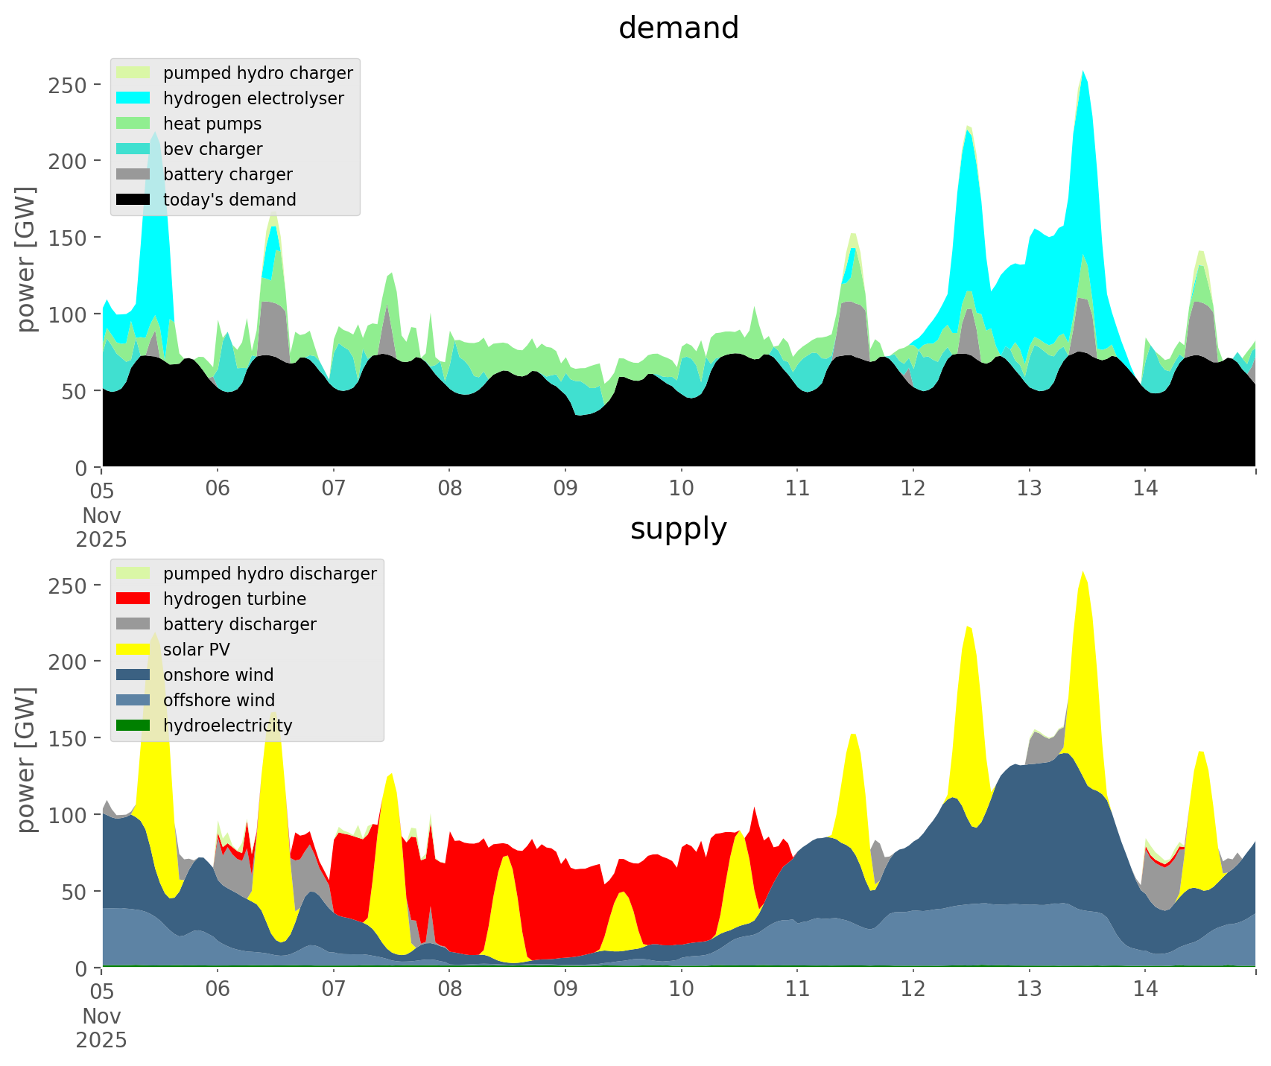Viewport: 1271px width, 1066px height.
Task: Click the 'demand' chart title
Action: pos(678,28)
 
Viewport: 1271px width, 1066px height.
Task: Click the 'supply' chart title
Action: pos(678,529)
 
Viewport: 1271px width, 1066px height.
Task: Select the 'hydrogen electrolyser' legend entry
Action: pos(253,98)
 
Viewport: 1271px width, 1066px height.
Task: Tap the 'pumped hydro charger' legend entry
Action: pos(258,73)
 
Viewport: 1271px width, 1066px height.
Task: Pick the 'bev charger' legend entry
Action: pos(212,149)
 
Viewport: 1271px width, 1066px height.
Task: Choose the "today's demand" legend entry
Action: pos(229,200)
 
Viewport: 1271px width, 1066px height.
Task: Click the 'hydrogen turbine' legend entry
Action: pos(234,599)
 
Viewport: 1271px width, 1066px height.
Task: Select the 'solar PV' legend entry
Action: pos(196,650)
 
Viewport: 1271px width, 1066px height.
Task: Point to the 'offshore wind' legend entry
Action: pos(218,700)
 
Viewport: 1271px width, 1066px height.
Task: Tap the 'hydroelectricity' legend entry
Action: pos(227,726)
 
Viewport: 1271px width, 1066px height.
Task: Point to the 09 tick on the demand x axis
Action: pos(565,489)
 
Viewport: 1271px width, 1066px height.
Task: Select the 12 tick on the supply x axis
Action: pos(913,989)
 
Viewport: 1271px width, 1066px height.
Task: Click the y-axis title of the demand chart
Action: pos(27,259)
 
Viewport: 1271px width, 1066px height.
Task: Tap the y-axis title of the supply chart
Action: pos(27,760)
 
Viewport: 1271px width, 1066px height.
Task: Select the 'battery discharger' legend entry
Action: pos(239,624)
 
